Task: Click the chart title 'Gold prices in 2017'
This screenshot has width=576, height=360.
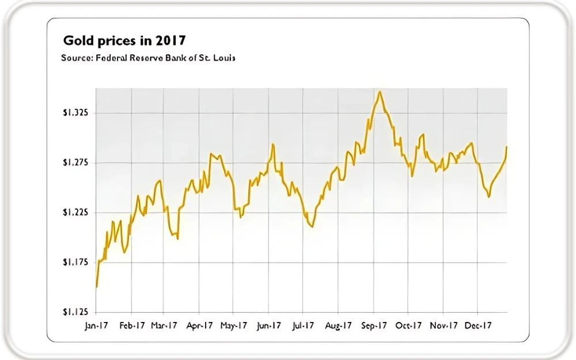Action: [x=124, y=41]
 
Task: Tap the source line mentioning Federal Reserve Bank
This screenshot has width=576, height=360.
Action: [x=148, y=58]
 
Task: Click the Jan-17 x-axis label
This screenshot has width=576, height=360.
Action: [x=96, y=325]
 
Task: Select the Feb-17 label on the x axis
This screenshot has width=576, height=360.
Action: [x=132, y=325]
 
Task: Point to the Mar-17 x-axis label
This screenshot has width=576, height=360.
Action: [x=164, y=325]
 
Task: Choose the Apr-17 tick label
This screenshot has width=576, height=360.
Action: [x=200, y=325]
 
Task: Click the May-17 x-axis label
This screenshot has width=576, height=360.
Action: [x=234, y=325]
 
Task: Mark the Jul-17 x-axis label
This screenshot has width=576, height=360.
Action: [x=304, y=325]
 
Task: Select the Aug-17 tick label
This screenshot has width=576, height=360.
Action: [x=339, y=325]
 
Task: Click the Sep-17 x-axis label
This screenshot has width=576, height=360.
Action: [x=374, y=325]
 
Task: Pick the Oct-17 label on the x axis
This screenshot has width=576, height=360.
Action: [x=408, y=325]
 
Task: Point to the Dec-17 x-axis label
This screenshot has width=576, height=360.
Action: [x=478, y=325]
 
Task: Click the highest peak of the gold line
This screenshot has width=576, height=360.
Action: [x=380, y=92]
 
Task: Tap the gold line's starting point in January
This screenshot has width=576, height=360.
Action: [x=96, y=286]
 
